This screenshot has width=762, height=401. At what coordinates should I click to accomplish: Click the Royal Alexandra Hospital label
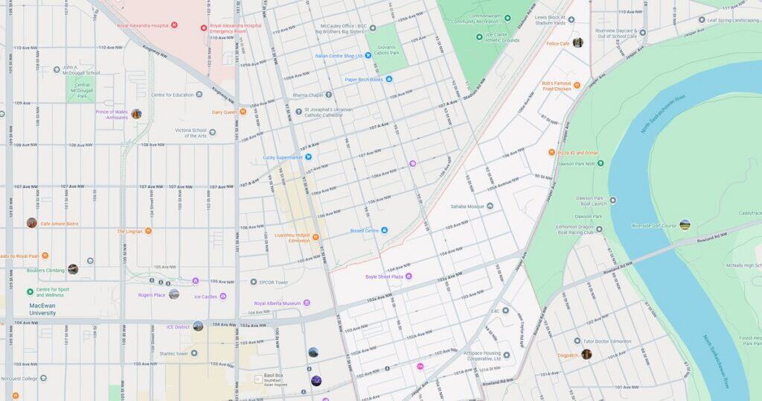click(x=141, y=25)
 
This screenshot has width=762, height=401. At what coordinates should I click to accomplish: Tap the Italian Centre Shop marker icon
click(x=368, y=55)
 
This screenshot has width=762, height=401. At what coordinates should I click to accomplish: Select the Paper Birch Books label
click(x=363, y=79)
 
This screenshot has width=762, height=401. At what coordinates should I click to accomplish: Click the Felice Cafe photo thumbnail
click(x=578, y=43)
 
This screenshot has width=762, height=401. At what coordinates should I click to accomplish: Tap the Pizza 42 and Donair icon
click(x=551, y=153)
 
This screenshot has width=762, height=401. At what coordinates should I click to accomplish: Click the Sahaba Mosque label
click(x=467, y=206)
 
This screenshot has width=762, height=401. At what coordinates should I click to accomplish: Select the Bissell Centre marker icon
click(x=385, y=230)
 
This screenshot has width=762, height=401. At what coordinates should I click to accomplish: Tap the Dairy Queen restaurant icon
click(x=243, y=112)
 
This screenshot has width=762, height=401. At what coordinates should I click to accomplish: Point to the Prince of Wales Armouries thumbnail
click(x=136, y=114)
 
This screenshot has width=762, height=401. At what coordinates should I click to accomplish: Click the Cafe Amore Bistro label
click(x=59, y=224)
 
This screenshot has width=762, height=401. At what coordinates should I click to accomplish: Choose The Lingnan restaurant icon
click(x=148, y=231)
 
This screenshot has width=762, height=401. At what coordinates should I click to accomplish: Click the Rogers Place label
click(x=151, y=294)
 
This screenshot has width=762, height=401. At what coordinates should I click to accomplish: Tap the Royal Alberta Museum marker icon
click(x=307, y=303)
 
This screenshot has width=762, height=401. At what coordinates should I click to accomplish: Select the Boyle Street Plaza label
click(x=383, y=277)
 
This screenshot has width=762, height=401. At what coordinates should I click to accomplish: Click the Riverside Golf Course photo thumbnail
click(x=685, y=224)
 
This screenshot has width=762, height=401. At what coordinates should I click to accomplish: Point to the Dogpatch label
click(x=567, y=355)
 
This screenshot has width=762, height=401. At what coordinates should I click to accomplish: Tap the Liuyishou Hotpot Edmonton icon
click(x=316, y=237)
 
